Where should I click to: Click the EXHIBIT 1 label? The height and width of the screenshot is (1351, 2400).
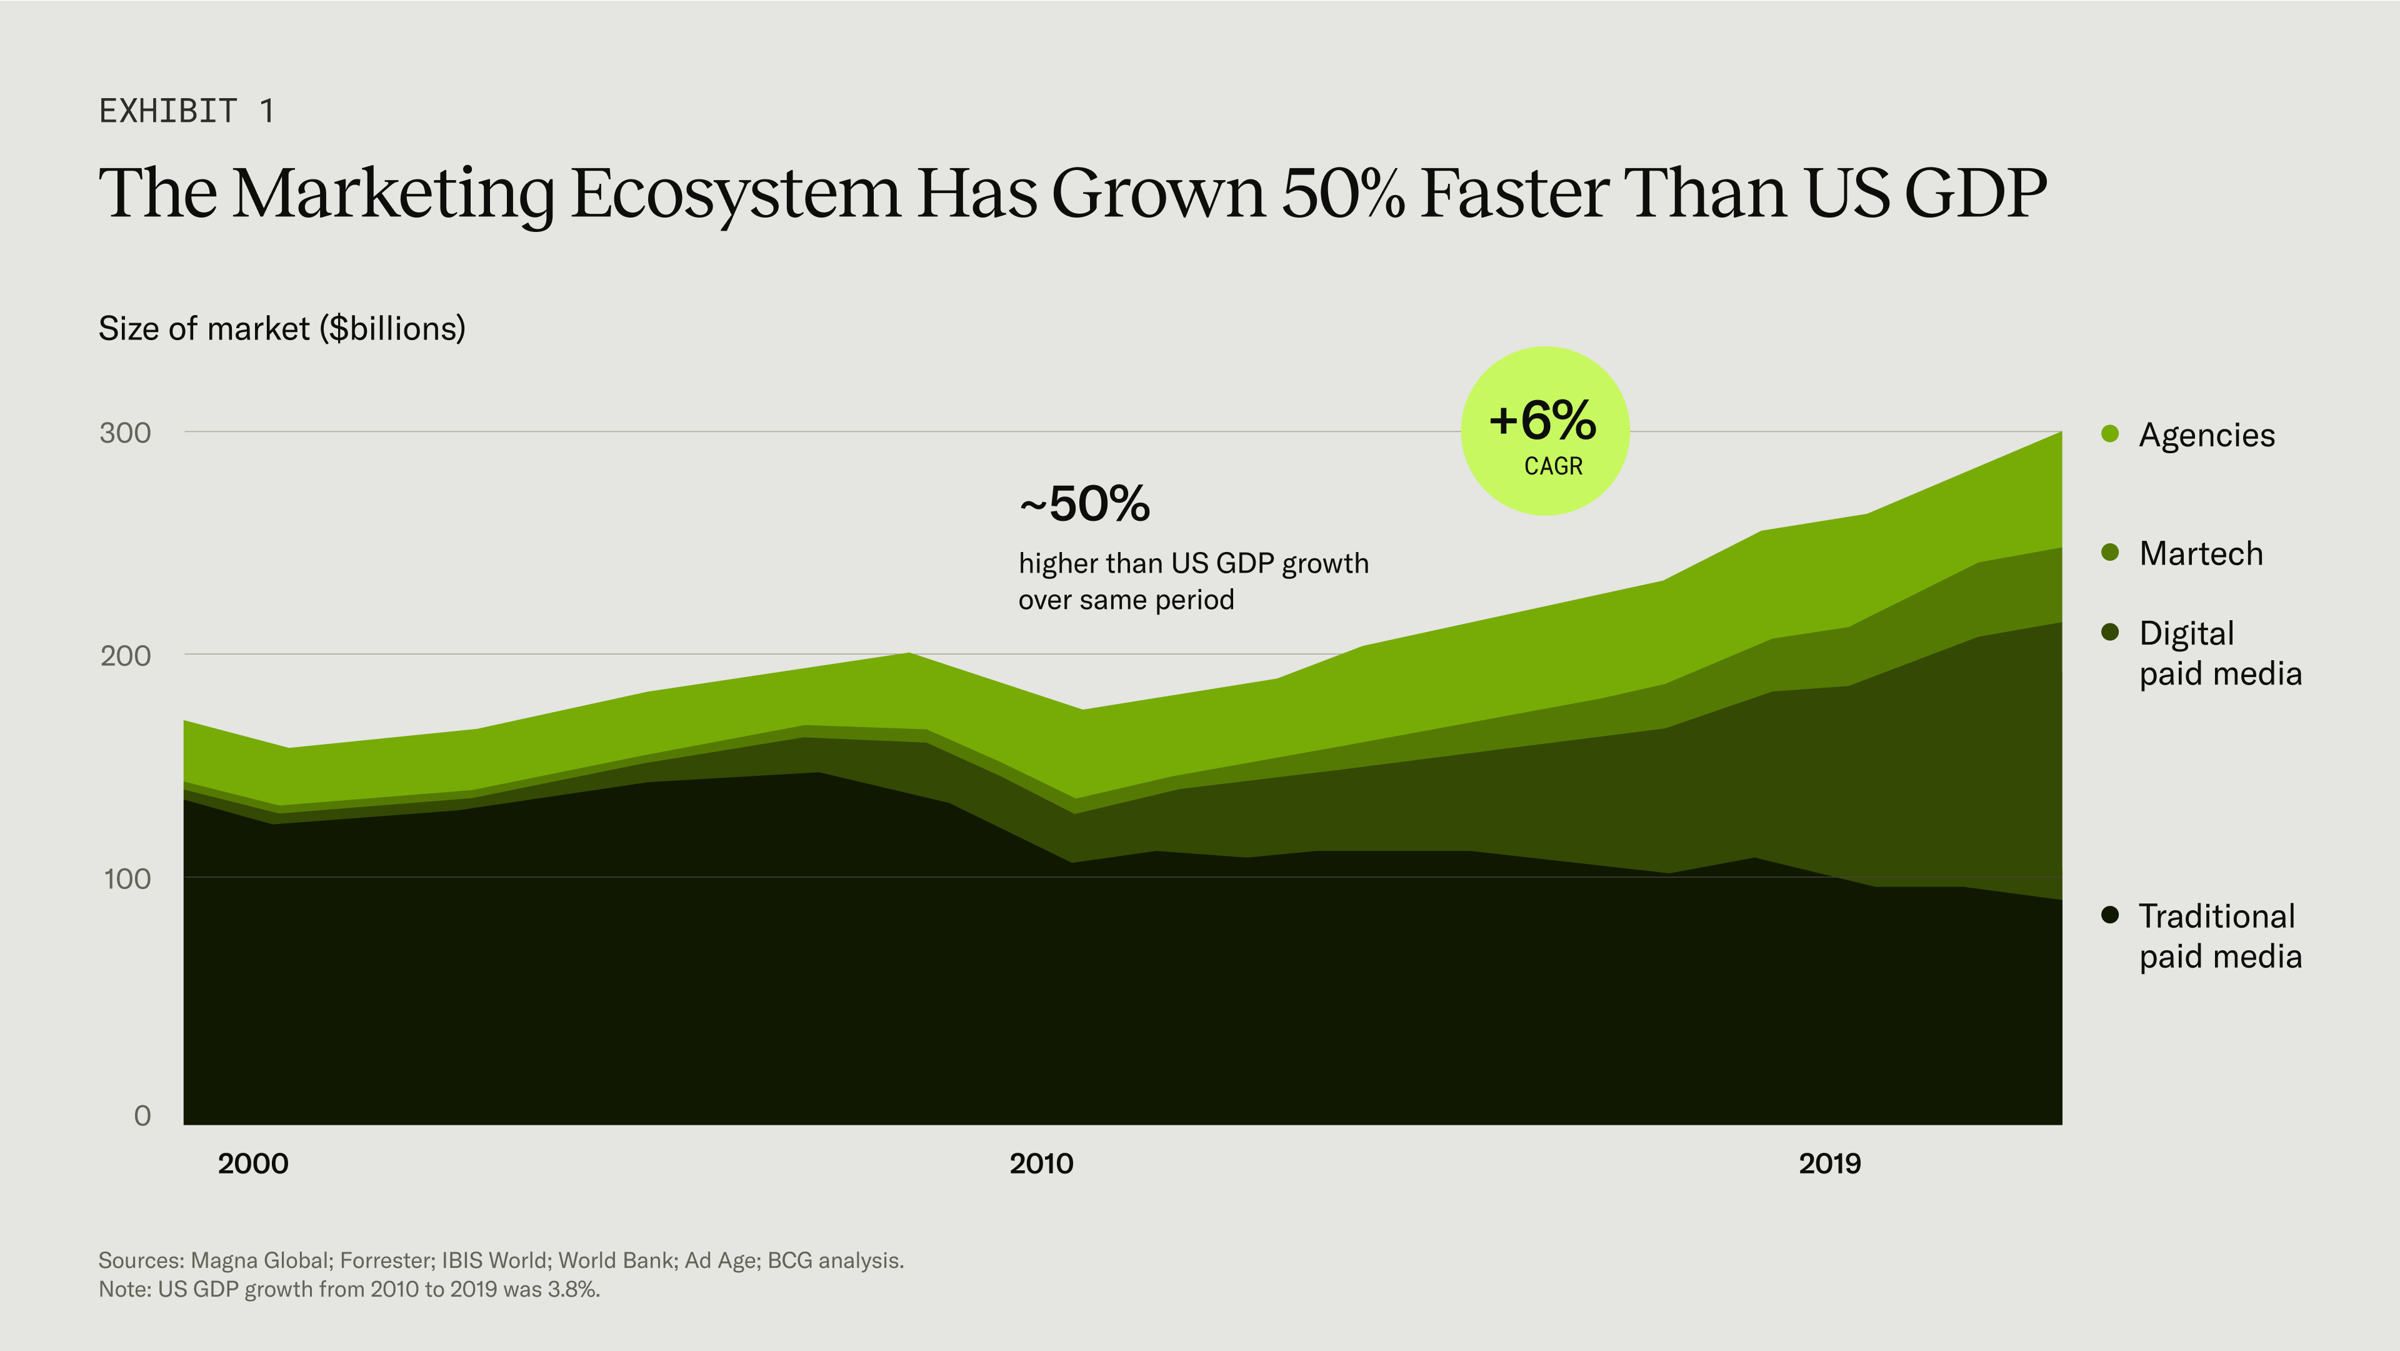click(186, 111)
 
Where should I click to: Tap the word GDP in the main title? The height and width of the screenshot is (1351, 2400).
click(1974, 193)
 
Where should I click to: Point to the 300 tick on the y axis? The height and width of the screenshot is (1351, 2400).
click(125, 433)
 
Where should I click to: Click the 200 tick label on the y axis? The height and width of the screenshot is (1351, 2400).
click(125, 656)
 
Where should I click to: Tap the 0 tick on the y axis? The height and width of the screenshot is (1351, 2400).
click(142, 1115)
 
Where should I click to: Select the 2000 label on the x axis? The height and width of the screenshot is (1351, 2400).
click(252, 1163)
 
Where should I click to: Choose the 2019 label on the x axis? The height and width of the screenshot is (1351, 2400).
click(1829, 1163)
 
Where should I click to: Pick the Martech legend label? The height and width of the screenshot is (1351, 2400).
click(2200, 553)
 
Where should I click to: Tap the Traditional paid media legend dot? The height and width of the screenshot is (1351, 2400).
click(2110, 915)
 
